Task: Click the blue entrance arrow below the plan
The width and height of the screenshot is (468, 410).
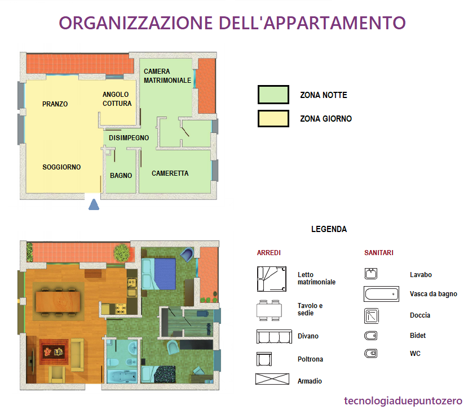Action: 94,204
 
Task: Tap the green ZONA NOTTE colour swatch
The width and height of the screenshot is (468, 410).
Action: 273,95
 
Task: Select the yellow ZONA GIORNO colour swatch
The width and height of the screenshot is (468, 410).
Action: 273,119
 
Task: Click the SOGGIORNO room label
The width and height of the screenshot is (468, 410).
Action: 61,167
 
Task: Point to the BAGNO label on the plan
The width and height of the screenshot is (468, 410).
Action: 121,176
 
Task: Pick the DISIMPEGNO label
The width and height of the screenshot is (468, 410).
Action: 129,138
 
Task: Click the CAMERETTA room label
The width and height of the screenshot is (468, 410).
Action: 170,173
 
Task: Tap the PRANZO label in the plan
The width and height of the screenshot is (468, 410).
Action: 55,104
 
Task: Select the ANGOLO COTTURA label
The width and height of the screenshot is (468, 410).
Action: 117,99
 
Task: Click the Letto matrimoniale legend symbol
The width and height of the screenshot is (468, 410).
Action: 272,279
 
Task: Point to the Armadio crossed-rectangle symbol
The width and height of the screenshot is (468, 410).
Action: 272,379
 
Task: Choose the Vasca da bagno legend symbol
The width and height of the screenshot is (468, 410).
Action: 381,294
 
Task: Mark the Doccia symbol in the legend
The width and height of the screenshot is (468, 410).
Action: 372,316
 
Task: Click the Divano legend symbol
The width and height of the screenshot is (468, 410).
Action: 274,336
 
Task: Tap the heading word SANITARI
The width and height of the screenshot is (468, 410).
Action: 379,253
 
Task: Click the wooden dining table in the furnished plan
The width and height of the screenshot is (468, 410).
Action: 58,301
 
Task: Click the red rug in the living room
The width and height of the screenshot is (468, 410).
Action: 54,352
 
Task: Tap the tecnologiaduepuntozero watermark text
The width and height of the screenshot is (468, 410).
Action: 403,401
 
